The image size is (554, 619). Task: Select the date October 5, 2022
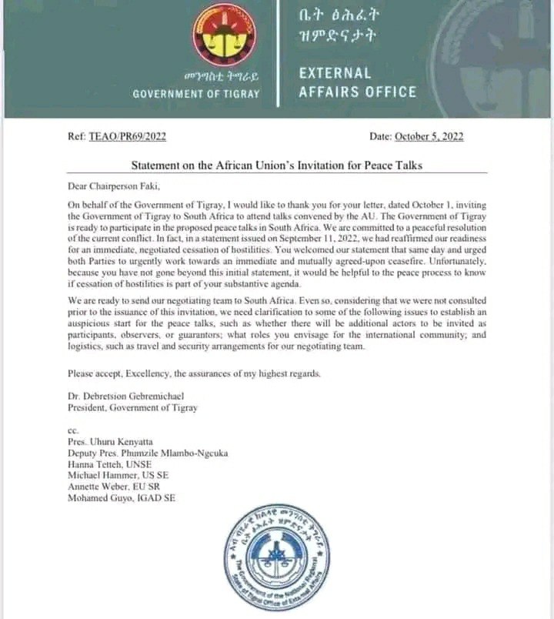tap(429, 137)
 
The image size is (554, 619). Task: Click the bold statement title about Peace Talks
tap(277, 166)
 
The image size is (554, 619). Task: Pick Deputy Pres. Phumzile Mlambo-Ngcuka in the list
tap(148, 452)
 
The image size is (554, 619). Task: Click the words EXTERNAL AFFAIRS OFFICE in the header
tap(358, 82)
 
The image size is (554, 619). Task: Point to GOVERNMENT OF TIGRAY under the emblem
tap(196, 94)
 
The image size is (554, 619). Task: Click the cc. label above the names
tap(73, 430)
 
